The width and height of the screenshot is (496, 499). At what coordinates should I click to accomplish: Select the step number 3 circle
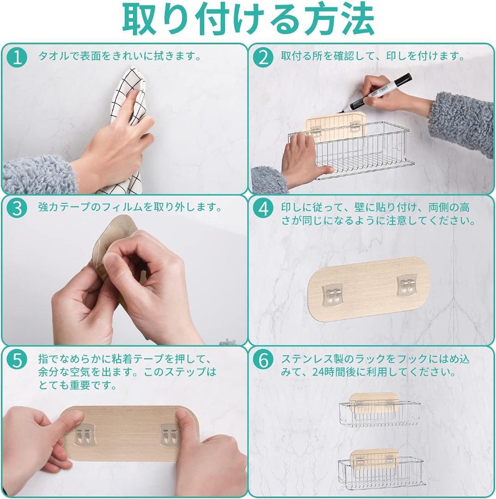coord(17,209)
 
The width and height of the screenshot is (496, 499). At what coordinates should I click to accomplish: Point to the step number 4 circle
coord(263,209)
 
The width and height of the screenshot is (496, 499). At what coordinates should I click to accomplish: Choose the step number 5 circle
coord(17,360)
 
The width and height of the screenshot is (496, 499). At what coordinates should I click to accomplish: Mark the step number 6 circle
coord(263,360)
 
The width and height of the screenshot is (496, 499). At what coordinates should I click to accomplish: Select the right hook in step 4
coord(407,285)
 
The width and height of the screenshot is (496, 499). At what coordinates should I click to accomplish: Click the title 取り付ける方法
coord(248,19)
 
